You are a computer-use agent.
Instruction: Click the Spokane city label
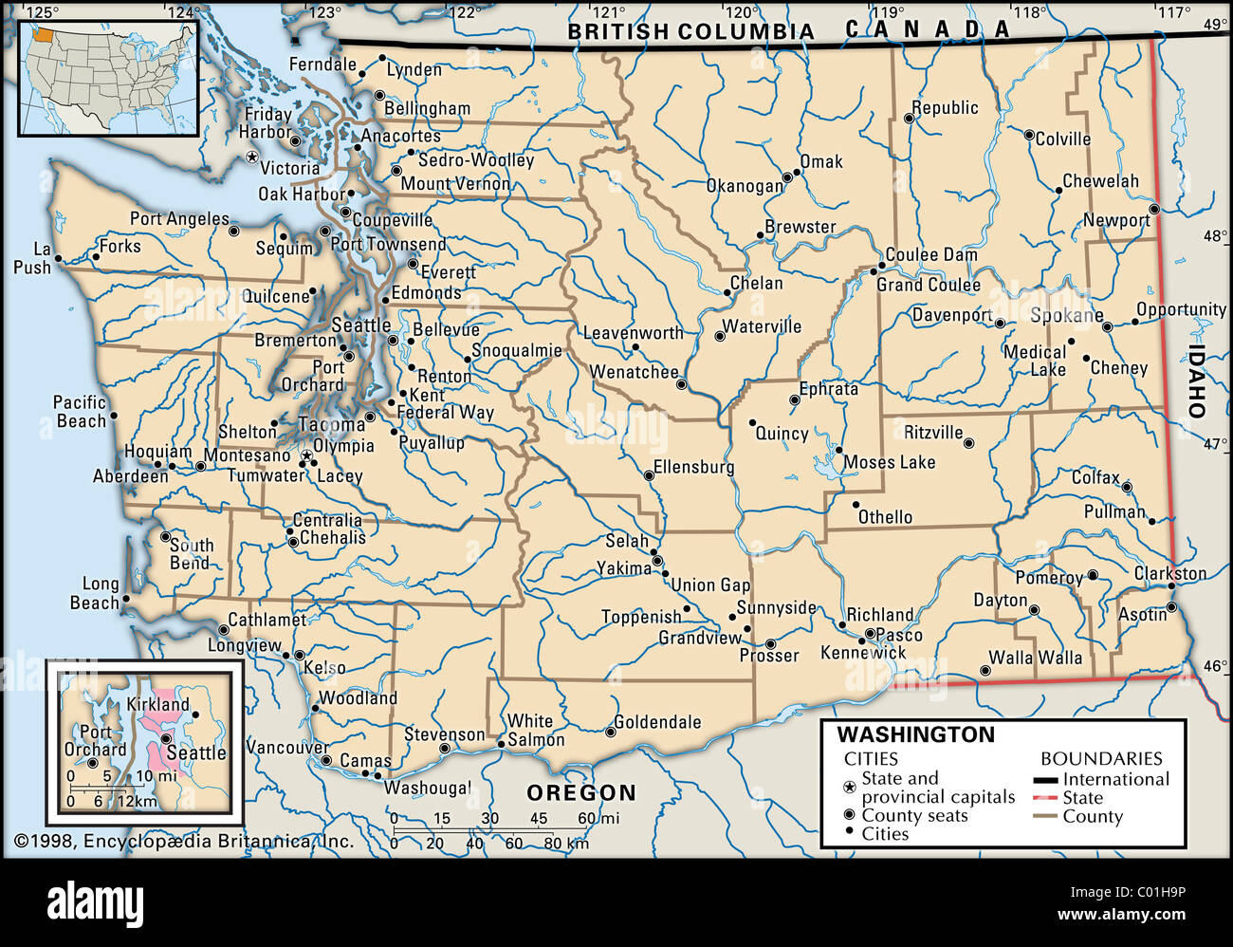click(1066, 315)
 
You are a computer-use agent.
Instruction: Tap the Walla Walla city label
click(1035, 658)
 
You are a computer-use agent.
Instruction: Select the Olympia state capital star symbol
click(306, 456)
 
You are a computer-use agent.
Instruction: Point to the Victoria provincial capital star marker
click(251, 157)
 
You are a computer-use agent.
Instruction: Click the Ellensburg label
click(693, 467)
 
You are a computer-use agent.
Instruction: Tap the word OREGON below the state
click(581, 792)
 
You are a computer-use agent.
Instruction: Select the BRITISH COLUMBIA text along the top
click(690, 31)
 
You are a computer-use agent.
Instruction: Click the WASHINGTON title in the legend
click(915, 734)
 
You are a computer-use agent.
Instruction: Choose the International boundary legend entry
click(1115, 779)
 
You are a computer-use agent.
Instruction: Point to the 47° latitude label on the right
click(1214, 443)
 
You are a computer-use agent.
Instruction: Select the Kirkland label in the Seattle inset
click(157, 704)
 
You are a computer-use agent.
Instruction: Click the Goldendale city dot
click(610, 731)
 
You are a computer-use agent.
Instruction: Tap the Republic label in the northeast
click(945, 107)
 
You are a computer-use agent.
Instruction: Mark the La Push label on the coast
click(34, 258)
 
